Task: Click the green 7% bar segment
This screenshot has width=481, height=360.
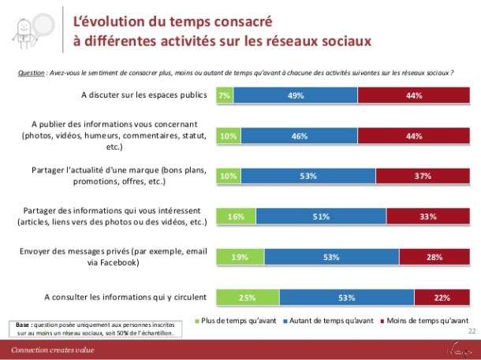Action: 224,95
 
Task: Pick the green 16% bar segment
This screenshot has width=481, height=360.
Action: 236,216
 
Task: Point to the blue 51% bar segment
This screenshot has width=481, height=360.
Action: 321,216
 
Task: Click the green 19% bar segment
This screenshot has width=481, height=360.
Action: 240,256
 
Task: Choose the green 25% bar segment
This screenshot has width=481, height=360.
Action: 248,296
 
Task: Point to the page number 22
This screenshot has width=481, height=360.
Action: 472,332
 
